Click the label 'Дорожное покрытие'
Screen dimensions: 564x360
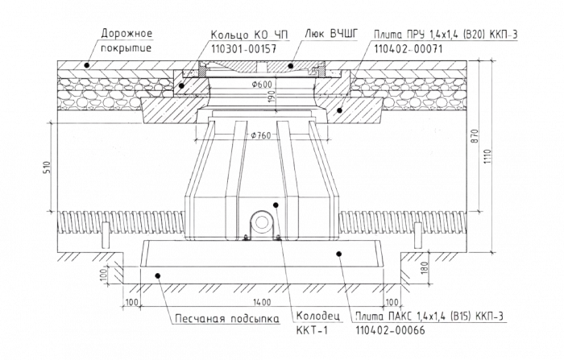126,40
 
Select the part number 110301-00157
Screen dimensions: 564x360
243,48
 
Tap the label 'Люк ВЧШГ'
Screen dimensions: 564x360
331,34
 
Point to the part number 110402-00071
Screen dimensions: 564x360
408,48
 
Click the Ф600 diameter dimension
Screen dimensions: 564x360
262,85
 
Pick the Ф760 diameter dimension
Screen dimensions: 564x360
260,135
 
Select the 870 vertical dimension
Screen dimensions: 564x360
475,137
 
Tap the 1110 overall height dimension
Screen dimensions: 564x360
487,156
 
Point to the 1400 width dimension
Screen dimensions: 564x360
262,302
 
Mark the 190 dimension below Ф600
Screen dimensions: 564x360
272,97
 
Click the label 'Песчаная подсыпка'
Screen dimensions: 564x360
227,319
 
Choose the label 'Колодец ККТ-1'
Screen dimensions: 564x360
318,323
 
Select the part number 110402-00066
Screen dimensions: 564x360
390,329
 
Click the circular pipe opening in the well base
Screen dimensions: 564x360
262,223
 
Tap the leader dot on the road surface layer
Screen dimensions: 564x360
86,65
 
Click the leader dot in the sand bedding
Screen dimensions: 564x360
158,276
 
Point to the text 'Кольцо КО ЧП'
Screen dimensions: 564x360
249,35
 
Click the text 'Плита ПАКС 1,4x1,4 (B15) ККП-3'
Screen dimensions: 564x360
429,317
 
